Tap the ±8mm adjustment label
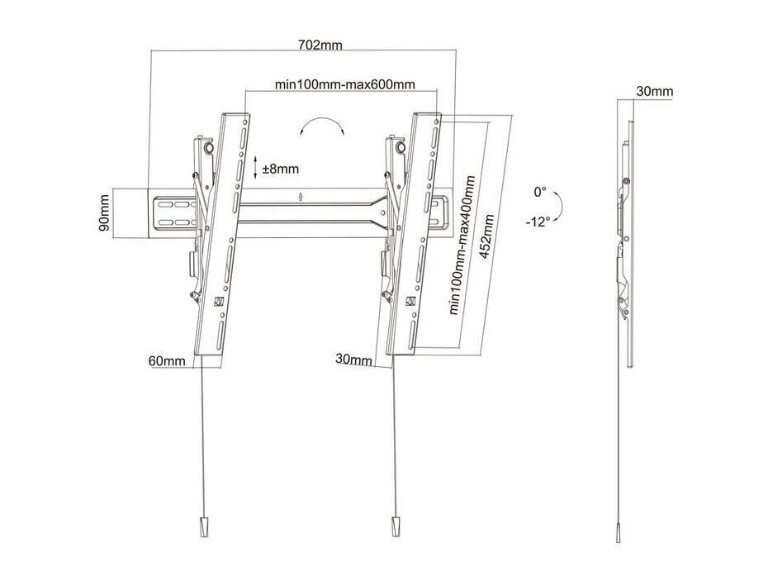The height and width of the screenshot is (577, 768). click(281, 169)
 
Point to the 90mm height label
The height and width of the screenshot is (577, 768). click(104, 214)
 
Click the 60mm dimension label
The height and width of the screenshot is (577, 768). click(166, 360)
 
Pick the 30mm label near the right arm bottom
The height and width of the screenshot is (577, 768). click(353, 359)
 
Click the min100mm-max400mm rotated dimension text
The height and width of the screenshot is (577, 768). click(462, 246)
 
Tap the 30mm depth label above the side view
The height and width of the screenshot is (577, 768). click(654, 91)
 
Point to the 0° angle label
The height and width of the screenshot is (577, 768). click(540, 192)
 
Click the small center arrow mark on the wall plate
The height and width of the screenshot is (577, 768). click(301, 197)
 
